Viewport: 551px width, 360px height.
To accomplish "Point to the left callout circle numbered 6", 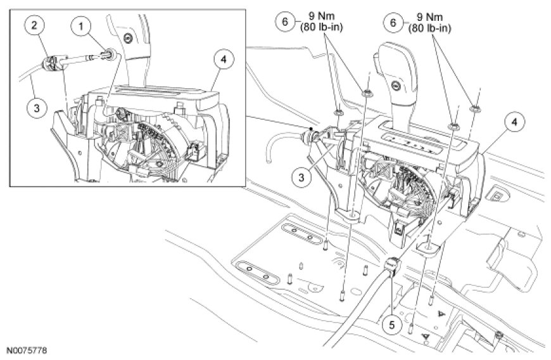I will [x=285, y=22].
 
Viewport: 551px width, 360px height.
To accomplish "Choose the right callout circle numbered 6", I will [x=393, y=22].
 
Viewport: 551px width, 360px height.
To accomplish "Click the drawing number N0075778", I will [x=27, y=350].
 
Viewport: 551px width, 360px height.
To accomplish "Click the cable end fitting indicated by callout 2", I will [x=51, y=63].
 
